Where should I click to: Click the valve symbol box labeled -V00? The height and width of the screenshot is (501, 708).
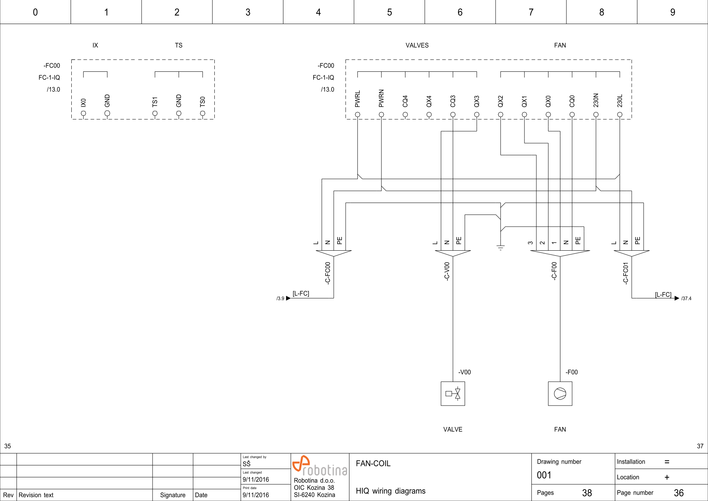tap(453, 393)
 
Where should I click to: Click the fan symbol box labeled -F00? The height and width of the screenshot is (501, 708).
tap(560, 393)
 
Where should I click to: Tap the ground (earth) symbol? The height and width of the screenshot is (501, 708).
tap(500, 247)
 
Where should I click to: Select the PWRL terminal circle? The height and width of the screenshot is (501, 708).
tap(357, 114)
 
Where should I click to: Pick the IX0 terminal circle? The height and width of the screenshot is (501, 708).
tap(84, 113)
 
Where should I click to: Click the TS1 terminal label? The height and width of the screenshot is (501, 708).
tap(154, 101)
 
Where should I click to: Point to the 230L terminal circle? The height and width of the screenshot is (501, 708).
tap(619, 114)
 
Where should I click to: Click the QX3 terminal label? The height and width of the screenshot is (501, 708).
tap(476, 101)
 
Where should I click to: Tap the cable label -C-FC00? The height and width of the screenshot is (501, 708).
tap(327, 273)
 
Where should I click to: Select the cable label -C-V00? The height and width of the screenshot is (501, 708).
tap(447, 271)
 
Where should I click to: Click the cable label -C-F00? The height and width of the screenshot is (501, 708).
tap(554, 271)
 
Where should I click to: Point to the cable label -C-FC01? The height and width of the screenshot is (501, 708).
tap(625, 273)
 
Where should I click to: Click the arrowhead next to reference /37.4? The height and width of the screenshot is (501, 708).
tap(677, 298)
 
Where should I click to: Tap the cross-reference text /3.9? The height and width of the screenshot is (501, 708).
tap(280, 298)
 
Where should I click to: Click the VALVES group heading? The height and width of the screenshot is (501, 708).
tap(417, 45)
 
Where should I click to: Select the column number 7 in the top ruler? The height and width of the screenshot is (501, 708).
tap(531, 12)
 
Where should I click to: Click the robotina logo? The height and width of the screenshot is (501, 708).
tap(320, 466)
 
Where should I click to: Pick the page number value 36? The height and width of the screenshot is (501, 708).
tap(678, 493)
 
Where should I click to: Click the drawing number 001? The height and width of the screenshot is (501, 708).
tap(544, 475)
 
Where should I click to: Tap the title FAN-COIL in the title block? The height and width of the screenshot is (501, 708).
tap(373, 464)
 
